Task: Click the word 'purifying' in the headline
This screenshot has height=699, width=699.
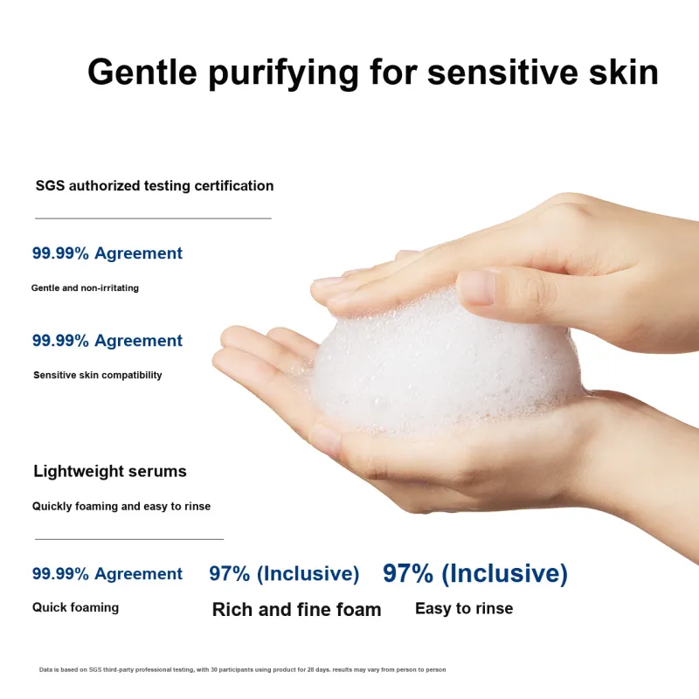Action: [283, 73]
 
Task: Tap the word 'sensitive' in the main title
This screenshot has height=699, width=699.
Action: [502, 72]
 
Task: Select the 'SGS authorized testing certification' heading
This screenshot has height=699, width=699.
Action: [155, 186]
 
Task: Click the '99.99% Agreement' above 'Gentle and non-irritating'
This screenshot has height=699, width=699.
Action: [107, 253]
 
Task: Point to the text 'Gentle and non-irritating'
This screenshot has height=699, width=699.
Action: [85, 288]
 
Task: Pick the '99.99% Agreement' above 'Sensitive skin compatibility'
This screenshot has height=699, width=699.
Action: [107, 341]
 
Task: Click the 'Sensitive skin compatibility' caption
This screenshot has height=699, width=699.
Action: [98, 375]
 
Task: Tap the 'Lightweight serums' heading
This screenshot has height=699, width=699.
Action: [110, 471]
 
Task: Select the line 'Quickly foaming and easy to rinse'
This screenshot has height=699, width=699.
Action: [121, 507]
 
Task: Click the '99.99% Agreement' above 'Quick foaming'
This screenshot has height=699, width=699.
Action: [107, 574]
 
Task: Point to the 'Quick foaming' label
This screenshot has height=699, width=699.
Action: [75, 607]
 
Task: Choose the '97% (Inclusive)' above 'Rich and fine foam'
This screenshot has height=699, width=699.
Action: [284, 574]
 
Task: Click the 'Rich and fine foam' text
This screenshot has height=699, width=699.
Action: [296, 609]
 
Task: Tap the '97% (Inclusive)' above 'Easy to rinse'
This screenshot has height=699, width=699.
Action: [475, 573]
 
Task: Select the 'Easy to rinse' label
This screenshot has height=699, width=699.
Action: [464, 608]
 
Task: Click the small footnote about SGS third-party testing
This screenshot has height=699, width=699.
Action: [243, 669]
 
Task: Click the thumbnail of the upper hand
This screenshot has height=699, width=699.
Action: [476, 288]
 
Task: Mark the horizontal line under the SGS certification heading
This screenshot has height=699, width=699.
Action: [153, 218]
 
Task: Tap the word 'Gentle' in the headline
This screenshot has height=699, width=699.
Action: [142, 72]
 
